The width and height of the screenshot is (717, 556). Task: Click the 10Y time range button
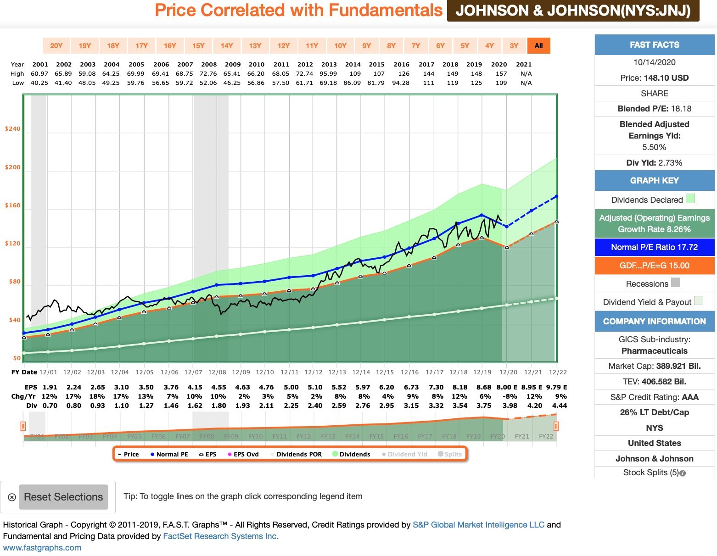click(x=340, y=46)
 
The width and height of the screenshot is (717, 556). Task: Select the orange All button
click(x=538, y=46)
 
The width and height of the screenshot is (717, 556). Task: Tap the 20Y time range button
click(x=56, y=46)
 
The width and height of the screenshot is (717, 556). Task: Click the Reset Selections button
click(x=63, y=497)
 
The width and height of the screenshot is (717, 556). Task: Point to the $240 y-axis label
click(x=13, y=129)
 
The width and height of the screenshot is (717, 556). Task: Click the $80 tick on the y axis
click(x=15, y=282)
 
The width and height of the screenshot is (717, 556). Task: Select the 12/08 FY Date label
click(x=217, y=373)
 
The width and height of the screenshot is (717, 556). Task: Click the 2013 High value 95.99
click(x=328, y=73)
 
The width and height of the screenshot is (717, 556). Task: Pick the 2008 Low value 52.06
click(x=208, y=83)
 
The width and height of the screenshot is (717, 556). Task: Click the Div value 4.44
click(x=559, y=406)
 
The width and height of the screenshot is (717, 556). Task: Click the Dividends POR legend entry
click(x=299, y=454)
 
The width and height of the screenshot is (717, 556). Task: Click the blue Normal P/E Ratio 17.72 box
click(x=654, y=247)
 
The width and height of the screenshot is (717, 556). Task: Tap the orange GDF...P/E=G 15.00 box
click(x=654, y=266)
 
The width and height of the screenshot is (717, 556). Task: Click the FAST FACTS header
click(x=654, y=45)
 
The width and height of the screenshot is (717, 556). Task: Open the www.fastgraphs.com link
click(x=42, y=548)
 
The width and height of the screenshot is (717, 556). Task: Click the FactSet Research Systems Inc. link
click(x=221, y=536)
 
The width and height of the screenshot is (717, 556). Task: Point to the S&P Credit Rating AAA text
click(x=654, y=397)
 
